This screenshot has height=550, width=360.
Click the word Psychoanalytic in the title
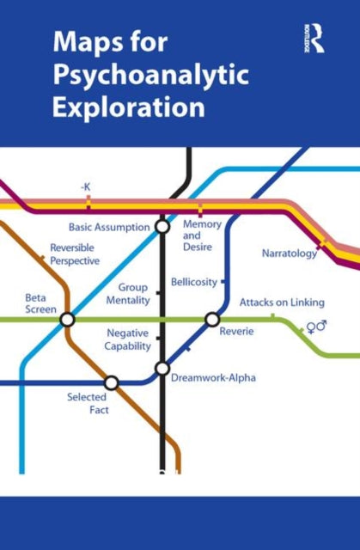point(150,76)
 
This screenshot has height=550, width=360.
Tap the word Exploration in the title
point(129,109)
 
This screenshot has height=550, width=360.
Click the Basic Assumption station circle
point(162,227)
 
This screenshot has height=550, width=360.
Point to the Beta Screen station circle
point(67,320)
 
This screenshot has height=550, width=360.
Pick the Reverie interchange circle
point(212,320)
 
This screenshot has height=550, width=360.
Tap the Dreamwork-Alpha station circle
point(162,369)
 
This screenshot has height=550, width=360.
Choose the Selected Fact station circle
point(111,382)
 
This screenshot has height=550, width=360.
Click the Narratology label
point(290,254)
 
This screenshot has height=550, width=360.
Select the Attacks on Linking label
point(282,302)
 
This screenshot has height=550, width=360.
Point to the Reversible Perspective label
point(75,254)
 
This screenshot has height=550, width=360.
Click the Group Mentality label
point(127,294)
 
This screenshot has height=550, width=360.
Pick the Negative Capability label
point(128,339)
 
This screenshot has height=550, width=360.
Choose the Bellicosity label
point(193,282)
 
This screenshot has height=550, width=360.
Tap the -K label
point(86,186)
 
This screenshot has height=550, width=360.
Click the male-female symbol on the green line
point(316,327)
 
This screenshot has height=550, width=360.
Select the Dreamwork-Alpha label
point(213,377)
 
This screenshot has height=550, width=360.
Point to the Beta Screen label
point(40,303)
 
